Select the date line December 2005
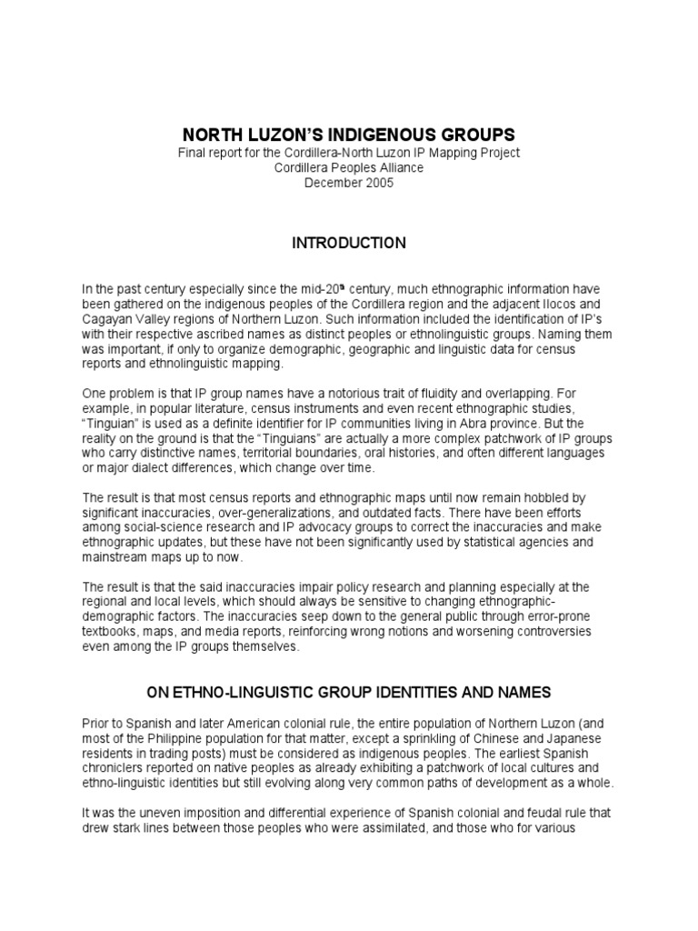348,182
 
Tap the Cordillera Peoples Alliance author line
348,167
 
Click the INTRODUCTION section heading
348,243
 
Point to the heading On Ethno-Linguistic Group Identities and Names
348,692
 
